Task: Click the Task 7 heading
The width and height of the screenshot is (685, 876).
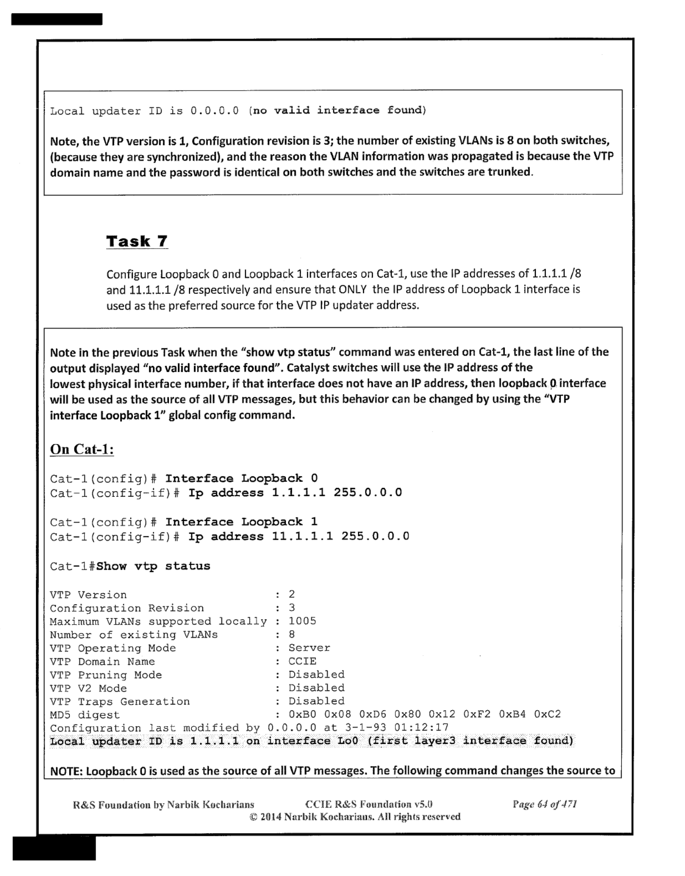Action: tap(137, 241)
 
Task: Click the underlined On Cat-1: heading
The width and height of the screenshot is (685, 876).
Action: tap(82, 449)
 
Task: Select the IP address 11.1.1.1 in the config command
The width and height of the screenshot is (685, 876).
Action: tap(302, 536)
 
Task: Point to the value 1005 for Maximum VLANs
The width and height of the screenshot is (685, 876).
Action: tap(302, 621)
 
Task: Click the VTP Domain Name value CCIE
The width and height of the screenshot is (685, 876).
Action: tap(302, 661)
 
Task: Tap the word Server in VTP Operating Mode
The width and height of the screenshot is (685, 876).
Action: tap(309, 648)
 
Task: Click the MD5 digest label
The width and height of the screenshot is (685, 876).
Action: tap(85, 715)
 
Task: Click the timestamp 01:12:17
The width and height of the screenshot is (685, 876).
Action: tap(421, 728)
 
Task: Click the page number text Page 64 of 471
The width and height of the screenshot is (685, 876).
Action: tap(545, 804)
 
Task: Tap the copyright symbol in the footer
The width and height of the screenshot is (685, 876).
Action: tap(253, 817)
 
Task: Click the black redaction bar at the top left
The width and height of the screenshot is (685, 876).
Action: tap(57, 19)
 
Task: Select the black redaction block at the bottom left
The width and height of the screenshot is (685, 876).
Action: tap(54, 848)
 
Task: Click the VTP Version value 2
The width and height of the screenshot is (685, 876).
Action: tap(291, 594)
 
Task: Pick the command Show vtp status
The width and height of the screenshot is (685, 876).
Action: tap(153, 566)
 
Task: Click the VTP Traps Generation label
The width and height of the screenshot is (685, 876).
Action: tap(120, 701)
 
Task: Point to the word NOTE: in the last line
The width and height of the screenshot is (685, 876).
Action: tap(66, 771)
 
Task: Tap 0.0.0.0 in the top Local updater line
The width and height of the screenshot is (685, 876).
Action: tap(215, 111)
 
